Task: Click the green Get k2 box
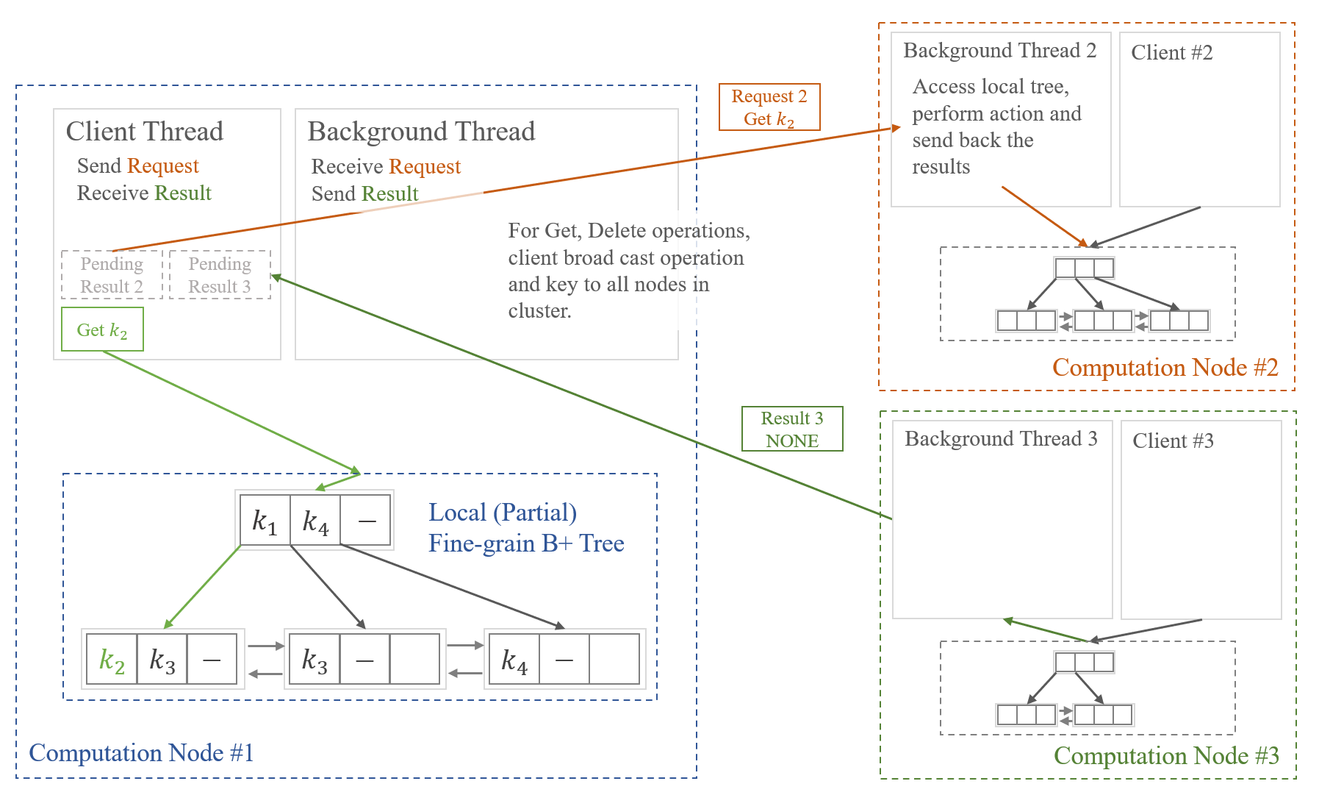click(x=102, y=329)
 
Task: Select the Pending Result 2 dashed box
click(x=112, y=275)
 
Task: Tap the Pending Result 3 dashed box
click(x=220, y=275)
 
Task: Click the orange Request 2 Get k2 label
click(x=769, y=107)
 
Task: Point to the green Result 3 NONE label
click(x=791, y=429)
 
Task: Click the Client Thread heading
click(x=145, y=132)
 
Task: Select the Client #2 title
click(x=1171, y=53)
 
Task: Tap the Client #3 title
click(x=1173, y=441)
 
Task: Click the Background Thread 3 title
click(x=1001, y=439)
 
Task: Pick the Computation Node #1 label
click(x=141, y=753)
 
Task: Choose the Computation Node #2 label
click(x=1165, y=368)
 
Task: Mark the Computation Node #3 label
click(x=1166, y=756)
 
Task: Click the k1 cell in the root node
click(x=265, y=521)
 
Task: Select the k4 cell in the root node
click(x=315, y=521)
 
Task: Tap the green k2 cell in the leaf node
click(x=112, y=660)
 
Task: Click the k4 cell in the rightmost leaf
click(x=514, y=660)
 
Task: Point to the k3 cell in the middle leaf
click(x=315, y=660)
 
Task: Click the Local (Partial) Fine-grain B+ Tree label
click(x=525, y=528)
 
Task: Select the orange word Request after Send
click(x=163, y=166)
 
